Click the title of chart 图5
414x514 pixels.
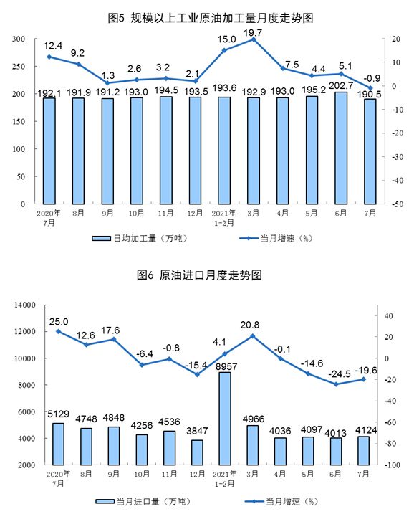coord(211,18)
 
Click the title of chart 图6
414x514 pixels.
coord(199,275)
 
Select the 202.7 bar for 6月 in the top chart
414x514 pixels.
coord(341,148)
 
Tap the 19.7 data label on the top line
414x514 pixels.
coord(253,33)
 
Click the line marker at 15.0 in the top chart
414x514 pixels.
coord(224,50)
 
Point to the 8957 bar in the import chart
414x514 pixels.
coord(224,418)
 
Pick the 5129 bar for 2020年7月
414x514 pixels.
coord(58,444)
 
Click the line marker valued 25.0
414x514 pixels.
coord(58,331)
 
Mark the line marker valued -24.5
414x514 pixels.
coord(336,384)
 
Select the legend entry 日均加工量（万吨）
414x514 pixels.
coord(140,238)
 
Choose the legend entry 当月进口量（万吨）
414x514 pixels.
coord(143,501)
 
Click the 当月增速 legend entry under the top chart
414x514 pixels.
coord(276,238)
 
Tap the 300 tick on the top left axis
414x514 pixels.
coord(19,39)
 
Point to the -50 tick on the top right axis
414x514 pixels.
coord(398,204)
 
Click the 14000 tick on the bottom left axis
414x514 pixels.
coord(25,305)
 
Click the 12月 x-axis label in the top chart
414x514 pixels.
coord(195,214)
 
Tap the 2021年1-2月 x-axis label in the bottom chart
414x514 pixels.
coord(224,479)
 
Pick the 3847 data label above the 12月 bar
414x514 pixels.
coord(197,431)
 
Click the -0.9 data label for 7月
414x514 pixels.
coord(372,78)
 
